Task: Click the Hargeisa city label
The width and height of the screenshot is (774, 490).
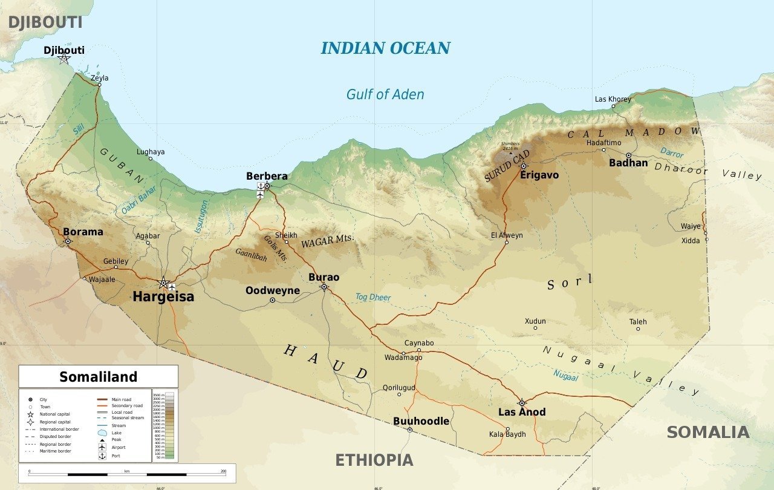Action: tap(163, 296)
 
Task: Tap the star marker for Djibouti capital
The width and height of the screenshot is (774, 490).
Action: tap(63, 59)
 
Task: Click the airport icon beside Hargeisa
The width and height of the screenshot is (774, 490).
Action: tap(172, 286)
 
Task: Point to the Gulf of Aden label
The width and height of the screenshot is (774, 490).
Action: tap(385, 94)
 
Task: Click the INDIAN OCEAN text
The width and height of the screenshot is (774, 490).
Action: tap(385, 48)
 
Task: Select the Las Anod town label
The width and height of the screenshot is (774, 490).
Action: tap(522, 412)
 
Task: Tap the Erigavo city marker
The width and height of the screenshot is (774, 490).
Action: tap(524, 166)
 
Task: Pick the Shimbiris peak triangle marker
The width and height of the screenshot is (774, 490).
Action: tap(510, 153)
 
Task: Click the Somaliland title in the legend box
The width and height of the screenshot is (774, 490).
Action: tap(98, 377)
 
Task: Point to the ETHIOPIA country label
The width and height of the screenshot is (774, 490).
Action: tap(374, 460)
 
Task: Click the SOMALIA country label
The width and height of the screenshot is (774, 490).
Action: tap(708, 433)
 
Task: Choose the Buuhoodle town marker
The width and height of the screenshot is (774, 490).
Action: tap(409, 430)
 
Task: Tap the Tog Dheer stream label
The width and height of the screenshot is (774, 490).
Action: tap(373, 297)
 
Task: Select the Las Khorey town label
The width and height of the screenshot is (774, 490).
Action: tap(613, 99)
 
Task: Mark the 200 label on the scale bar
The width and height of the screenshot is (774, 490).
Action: tap(223, 471)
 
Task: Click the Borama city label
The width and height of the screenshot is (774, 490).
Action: tap(83, 232)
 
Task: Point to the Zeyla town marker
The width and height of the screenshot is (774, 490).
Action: tap(99, 85)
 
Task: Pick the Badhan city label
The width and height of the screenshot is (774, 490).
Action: tap(628, 163)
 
